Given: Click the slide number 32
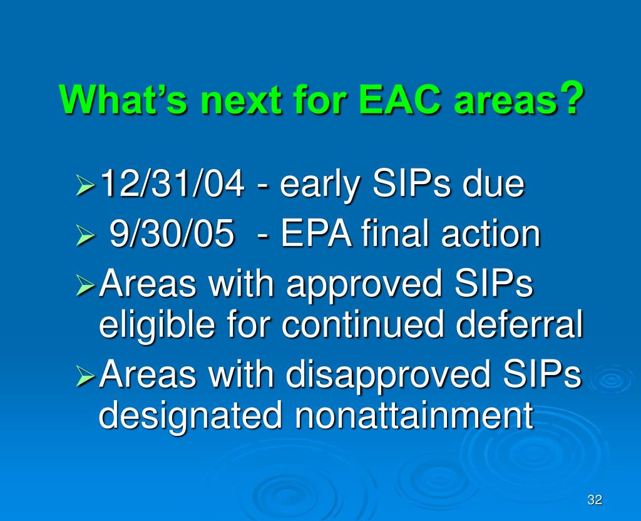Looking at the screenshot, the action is [595, 499].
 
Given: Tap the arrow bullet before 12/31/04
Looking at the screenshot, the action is [85, 185].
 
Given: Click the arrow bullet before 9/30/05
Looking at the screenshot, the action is [85, 236].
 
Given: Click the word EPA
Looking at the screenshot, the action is [315, 233].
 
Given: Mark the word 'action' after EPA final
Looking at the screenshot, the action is [491, 233].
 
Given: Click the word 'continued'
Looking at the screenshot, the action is [362, 323].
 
